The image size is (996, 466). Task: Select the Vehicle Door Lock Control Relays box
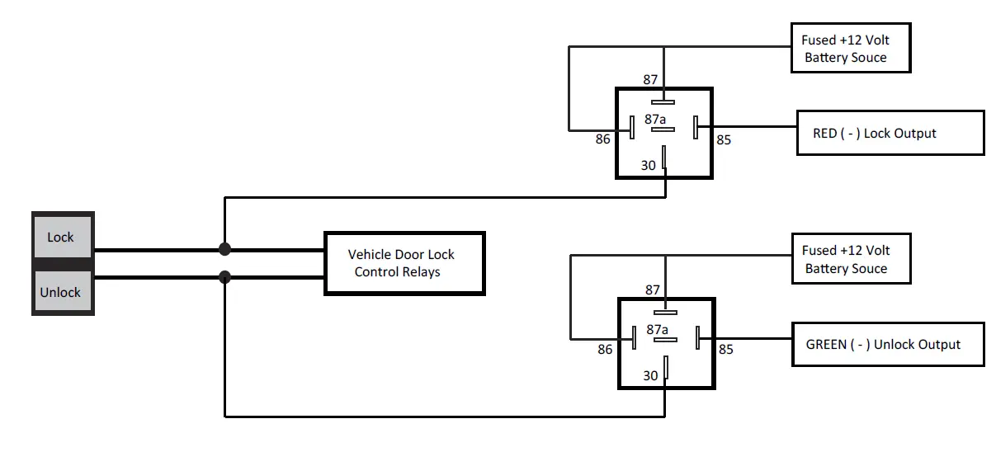[404, 263]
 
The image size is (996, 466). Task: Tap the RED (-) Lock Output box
[890, 133]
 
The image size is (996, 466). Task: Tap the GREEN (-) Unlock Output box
[890, 344]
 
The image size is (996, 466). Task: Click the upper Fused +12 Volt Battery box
[850, 48]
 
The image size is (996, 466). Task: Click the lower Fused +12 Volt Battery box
[850, 259]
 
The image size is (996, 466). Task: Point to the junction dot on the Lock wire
[224, 249]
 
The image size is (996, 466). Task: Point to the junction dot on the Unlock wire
[224, 277]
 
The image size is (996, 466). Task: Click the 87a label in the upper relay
[656, 119]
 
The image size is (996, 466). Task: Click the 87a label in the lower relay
[657, 329]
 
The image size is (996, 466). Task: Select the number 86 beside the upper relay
[603, 139]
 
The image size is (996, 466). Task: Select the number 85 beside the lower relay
[725, 350]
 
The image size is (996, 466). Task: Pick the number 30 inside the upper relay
[649, 165]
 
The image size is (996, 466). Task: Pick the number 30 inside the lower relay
[650, 375]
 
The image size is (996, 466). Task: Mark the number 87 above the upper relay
[650, 79]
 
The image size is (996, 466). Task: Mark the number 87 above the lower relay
[653, 289]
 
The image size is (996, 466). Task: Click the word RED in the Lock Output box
[825, 133]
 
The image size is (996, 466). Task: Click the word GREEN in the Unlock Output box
[826, 344]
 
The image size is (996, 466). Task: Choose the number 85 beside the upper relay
[724, 139]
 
